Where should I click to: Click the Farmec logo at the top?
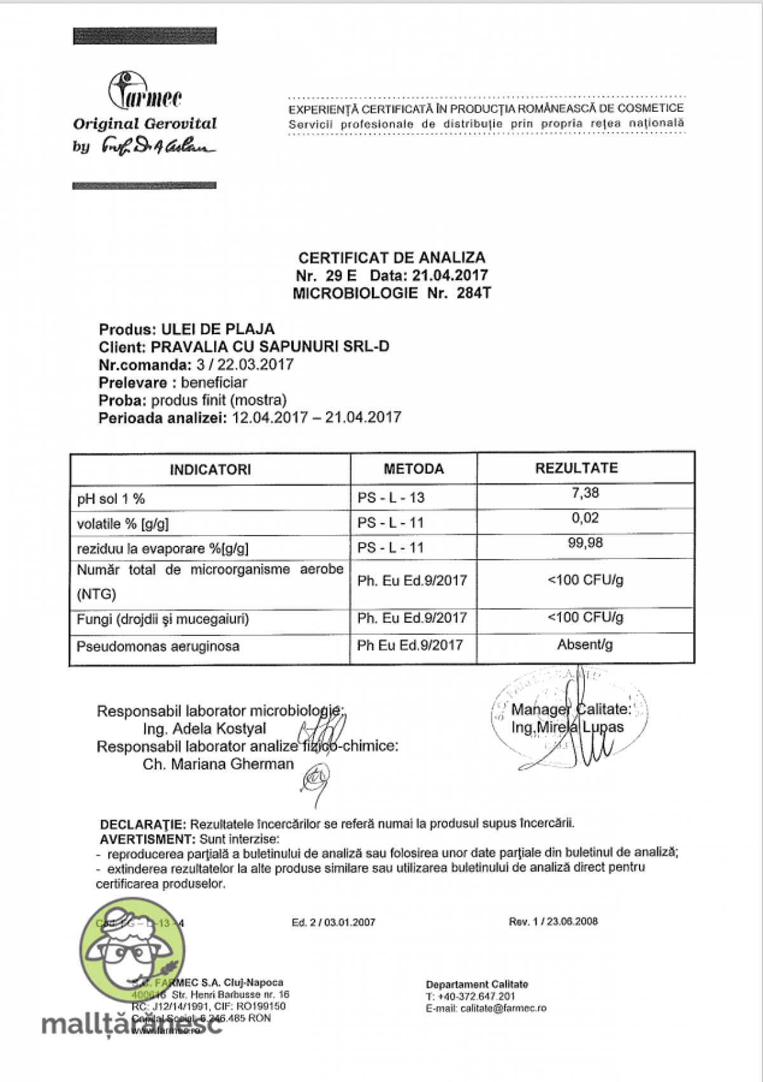pos(145,95)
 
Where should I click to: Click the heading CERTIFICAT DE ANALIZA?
pos(392,258)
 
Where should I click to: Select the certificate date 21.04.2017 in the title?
pos(450,276)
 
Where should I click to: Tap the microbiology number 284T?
pos(474,294)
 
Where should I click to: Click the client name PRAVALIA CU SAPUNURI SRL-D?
pos(270,347)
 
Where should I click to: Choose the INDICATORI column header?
pos(210,470)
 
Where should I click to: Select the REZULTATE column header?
pos(576,469)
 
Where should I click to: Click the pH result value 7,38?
pos(585,493)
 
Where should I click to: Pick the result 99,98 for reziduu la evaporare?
pos(585,543)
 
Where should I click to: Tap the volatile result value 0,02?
pos(585,518)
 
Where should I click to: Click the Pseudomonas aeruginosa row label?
pos(158,647)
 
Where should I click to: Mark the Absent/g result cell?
pos(585,645)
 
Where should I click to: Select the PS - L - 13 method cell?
pos(391,498)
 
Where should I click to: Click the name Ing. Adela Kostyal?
pos(205,729)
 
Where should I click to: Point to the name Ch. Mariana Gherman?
pos(218,764)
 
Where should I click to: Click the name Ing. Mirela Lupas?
pos(568,727)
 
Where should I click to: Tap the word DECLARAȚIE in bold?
pos(143,824)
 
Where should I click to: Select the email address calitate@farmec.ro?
pos(503,1008)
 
